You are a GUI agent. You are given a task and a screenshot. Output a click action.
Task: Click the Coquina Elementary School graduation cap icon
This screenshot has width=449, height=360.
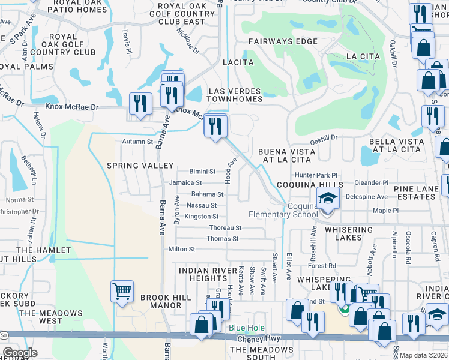click(327, 199)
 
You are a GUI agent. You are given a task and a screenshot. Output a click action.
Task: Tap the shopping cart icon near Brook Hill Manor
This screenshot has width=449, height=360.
click(122, 292)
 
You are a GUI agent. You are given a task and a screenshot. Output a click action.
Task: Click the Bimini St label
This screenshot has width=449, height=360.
click(202, 172)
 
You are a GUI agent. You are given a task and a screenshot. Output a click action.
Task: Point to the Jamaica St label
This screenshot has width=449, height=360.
click(185, 182)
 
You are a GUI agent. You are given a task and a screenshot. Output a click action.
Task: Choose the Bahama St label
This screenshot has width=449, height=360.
click(207, 194)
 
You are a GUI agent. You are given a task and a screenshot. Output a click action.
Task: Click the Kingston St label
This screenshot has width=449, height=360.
click(201, 217)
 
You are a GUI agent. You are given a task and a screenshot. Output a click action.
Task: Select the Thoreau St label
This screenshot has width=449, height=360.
click(225, 228)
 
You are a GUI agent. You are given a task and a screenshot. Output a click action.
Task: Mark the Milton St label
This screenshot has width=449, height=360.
click(182, 249)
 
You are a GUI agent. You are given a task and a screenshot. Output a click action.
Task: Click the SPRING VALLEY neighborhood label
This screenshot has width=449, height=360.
click(140, 166)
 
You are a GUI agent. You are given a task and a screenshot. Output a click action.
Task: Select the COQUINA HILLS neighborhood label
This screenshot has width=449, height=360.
click(309, 185)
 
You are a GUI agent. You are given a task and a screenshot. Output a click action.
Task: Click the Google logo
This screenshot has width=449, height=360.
click(20, 353)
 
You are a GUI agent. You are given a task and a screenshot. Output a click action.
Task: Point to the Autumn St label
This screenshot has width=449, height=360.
click(138, 142)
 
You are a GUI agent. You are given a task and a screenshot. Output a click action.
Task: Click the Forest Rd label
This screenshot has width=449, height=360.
click(323, 266)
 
